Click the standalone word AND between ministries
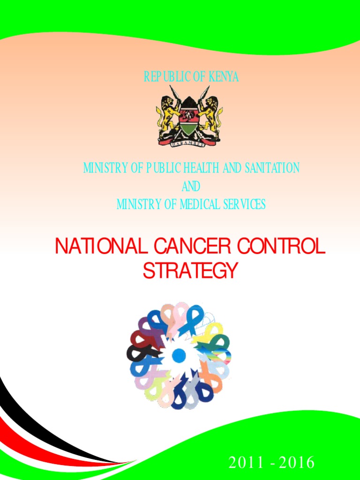[191, 186]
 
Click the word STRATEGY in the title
[190, 271]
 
